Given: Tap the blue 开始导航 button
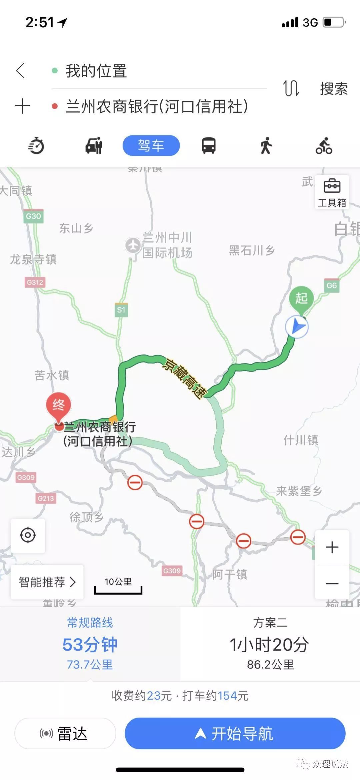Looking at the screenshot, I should [235, 733].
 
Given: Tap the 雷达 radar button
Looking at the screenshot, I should [65, 733].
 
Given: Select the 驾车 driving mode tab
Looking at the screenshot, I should [151, 145].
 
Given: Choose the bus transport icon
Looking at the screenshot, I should [209, 146].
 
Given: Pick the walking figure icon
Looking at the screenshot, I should [266, 146].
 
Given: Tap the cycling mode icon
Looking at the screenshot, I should [324, 146].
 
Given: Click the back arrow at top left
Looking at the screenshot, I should [21, 70].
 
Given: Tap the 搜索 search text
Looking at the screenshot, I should [334, 89].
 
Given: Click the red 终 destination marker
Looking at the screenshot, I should [58, 405].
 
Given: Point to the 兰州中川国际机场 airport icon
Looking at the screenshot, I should [133, 245].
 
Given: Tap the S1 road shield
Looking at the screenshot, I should [121, 310].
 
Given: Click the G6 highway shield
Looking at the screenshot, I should [331, 285].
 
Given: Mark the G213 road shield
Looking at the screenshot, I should [46, 499].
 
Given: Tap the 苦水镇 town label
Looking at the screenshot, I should [52, 375].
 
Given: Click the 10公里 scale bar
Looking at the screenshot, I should [118, 586].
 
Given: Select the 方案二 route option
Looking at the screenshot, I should [270, 644].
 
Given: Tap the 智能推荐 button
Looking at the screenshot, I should [47, 582].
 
